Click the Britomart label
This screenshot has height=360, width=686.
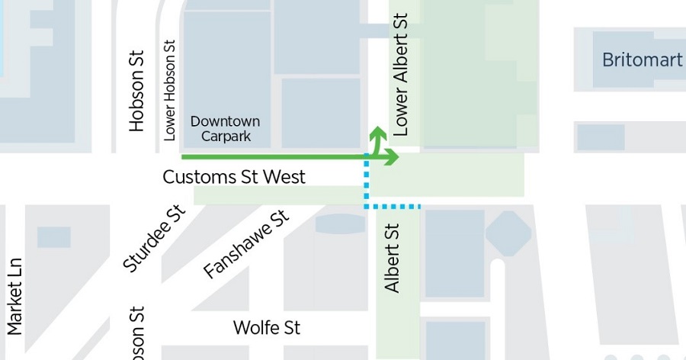coord(642,60)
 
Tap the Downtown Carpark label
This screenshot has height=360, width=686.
coord(225,129)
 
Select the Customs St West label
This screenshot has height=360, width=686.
coord(234,177)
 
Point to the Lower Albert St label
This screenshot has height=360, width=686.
coord(401,74)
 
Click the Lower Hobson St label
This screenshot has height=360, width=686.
coord(170,90)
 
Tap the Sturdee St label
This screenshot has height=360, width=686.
coord(155,238)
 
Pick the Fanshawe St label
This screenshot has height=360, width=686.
coord(247,245)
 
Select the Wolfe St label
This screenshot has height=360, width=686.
coord(267,328)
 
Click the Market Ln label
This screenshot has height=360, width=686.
coord(14,296)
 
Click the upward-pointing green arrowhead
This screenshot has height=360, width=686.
coord(377,133)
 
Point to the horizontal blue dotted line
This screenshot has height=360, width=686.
coord(393,206)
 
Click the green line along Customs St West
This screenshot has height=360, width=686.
coord(274,157)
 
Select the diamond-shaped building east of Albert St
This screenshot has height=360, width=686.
coord(508,233)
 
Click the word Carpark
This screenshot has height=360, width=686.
coord(226,137)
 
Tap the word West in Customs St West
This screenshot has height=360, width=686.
coord(284,177)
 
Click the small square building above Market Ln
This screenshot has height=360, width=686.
coord(53,237)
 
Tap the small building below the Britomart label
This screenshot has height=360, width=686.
coord(601,137)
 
